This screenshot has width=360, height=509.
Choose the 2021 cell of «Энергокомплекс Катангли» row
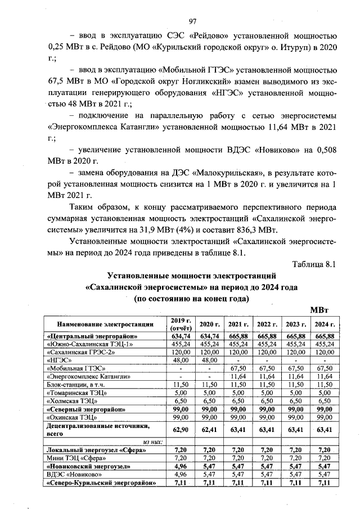[x=238, y=376]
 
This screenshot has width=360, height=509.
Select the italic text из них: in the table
[x=152, y=442]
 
